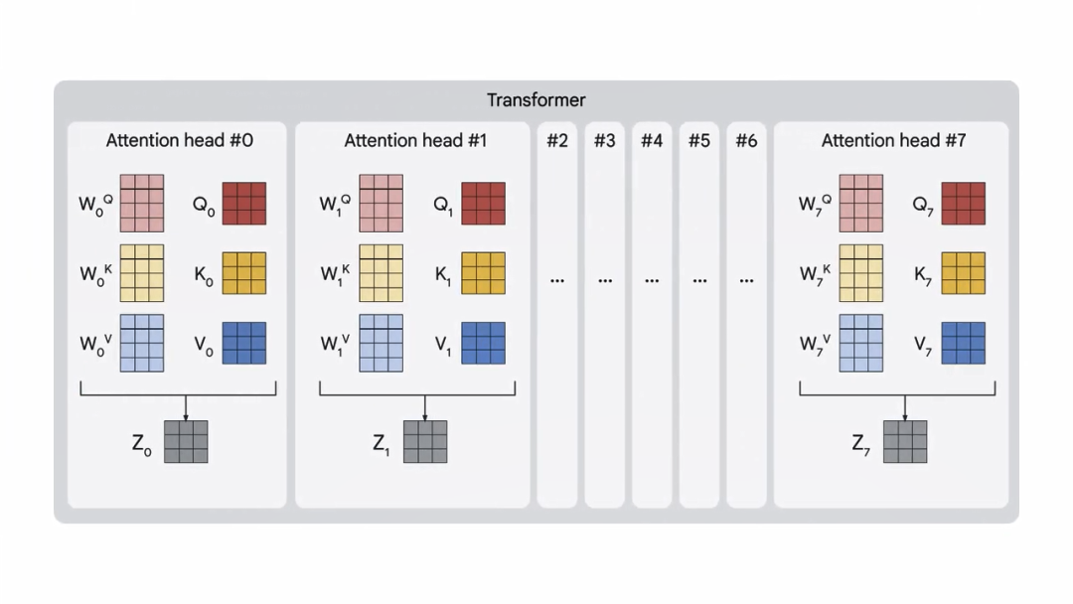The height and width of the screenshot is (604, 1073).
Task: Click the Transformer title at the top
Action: coord(536,100)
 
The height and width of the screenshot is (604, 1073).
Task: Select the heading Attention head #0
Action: coord(179,141)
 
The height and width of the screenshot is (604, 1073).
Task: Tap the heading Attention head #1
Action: coord(415,141)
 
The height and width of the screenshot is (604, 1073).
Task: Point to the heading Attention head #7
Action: coord(893,141)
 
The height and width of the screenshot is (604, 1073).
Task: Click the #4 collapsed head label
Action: coord(652,141)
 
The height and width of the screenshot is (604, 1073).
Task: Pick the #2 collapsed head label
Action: coord(557,141)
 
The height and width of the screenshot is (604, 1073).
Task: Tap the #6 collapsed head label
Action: coord(746,141)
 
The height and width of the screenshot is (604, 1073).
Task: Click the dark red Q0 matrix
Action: coord(244,204)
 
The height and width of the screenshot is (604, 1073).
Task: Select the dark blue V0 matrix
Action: coord(244,344)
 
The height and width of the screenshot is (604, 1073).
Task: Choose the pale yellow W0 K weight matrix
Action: coord(142,273)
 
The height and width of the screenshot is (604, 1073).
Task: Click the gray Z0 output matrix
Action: coord(186,442)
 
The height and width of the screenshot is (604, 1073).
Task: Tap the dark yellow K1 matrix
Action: coord(484,273)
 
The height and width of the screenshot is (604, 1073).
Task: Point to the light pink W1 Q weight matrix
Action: coord(382,204)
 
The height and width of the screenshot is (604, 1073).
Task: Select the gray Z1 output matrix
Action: coord(425,442)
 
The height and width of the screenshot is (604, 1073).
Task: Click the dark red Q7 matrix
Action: coord(964,204)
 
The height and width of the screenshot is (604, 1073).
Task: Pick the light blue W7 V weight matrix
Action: coord(861,344)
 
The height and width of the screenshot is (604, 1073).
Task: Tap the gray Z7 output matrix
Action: coord(905,442)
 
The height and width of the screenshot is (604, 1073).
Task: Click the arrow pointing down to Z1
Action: coord(425,407)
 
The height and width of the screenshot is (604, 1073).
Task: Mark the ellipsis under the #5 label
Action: coord(699,281)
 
